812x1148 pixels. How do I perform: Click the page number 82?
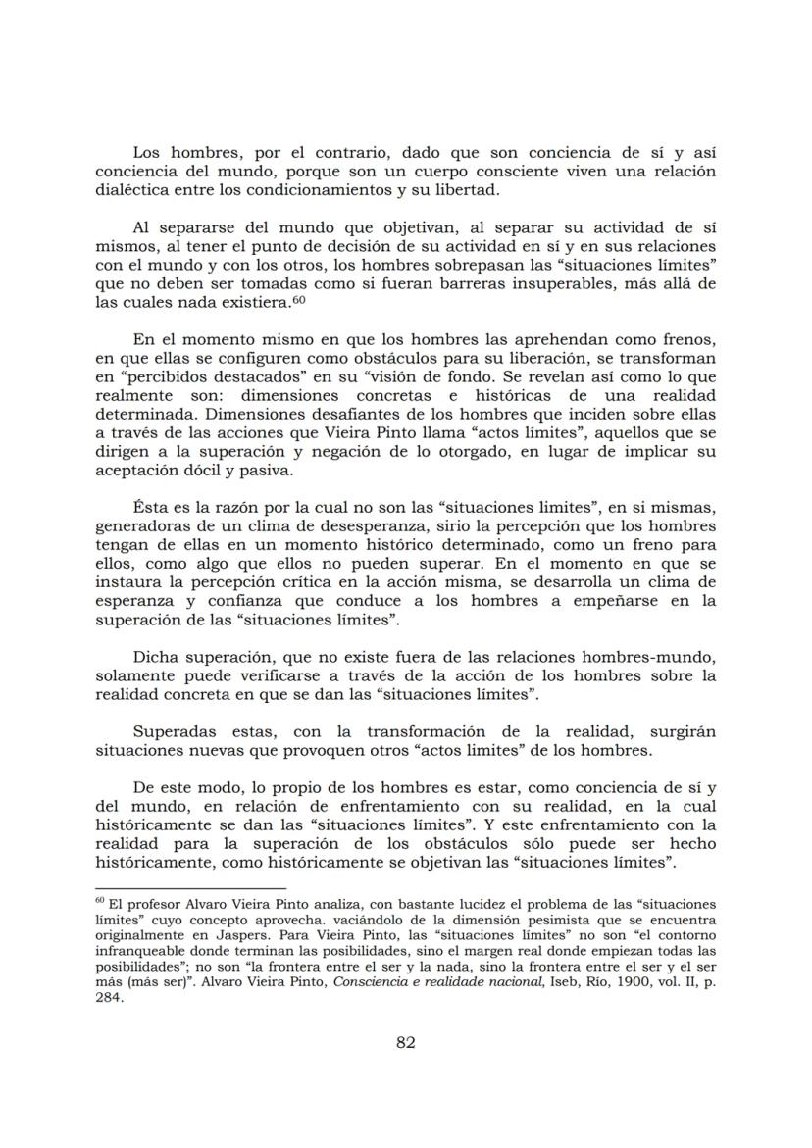[x=405, y=1042]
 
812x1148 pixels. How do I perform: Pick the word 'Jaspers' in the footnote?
[x=229, y=937]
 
